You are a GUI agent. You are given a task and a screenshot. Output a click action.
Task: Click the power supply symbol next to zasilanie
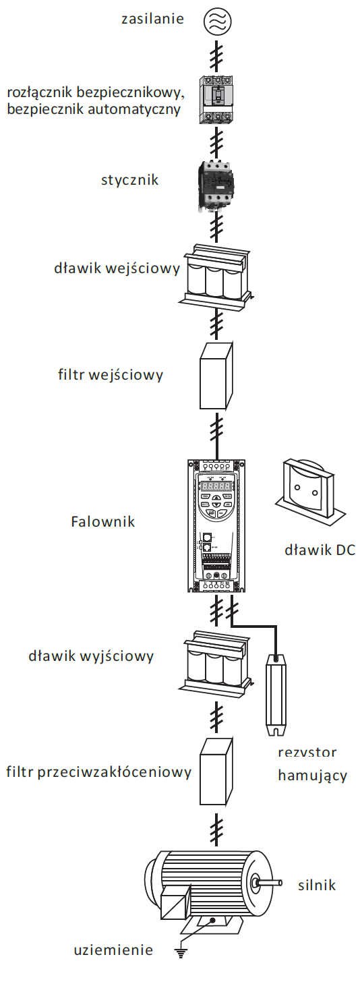tap(217, 21)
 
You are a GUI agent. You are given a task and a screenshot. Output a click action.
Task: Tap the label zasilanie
tap(152, 19)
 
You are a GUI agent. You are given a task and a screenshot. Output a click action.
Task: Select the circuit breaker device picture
tap(216, 99)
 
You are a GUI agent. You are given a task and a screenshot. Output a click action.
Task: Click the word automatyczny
tap(134, 109)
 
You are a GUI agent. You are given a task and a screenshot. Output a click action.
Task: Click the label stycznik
tap(129, 180)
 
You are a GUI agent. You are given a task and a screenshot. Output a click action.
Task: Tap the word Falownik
tap(102, 521)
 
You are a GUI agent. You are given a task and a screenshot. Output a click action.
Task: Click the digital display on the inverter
tap(216, 486)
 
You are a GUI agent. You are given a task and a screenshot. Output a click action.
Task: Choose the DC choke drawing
tap(311, 491)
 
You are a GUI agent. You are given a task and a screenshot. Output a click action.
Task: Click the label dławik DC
tap(320, 550)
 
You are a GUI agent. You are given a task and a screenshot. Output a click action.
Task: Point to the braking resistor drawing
tap(276, 695)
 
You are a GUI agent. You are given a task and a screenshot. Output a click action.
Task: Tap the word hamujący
tap(312, 776)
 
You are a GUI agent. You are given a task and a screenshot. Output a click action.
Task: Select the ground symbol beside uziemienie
tap(181, 953)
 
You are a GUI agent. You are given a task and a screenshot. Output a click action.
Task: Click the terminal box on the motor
tap(174, 902)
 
